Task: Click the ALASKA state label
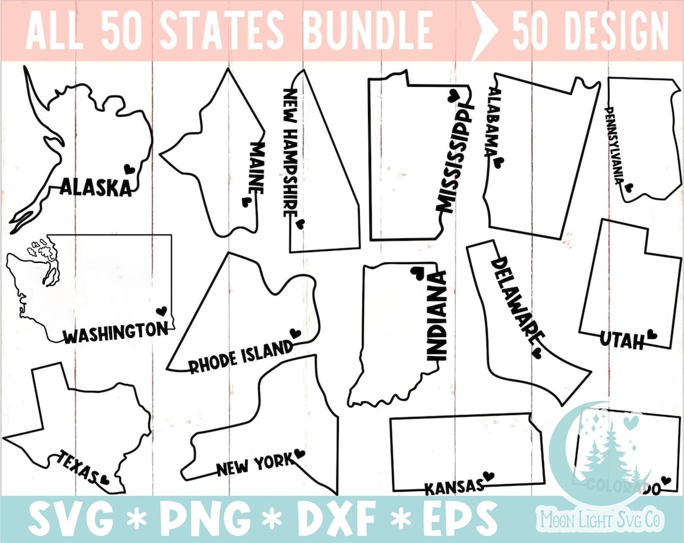click(96, 187)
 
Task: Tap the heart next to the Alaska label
click(129, 169)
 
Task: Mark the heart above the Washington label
click(161, 311)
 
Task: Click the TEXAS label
click(80, 466)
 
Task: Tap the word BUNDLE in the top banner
click(368, 30)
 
